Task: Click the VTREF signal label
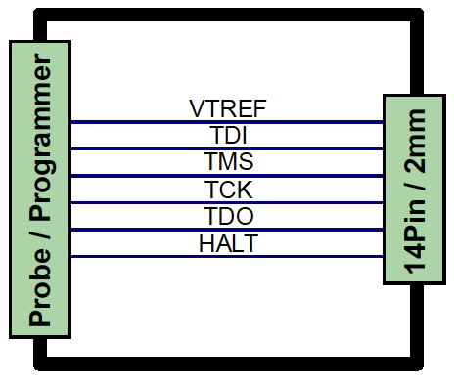click(228, 108)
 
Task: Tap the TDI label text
click(228, 135)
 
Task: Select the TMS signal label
click(229, 161)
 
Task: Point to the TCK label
click(229, 189)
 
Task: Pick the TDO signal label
click(229, 216)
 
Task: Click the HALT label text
click(229, 243)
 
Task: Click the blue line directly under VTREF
click(227, 122)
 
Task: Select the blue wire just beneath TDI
click(227, 149)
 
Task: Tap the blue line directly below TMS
click(227, 176)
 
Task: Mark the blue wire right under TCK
click(227, 203)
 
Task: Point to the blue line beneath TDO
click(227, 230)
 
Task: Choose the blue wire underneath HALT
click(227, 257)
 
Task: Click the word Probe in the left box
click(40, 287)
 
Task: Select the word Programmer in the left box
click(41, 137)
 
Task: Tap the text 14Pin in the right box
click(415, 237)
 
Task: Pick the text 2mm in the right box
click(415, 141)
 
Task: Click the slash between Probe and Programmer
click(40, 234)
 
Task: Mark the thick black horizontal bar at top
click(229, 15)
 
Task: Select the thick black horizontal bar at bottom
click(229, 363)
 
